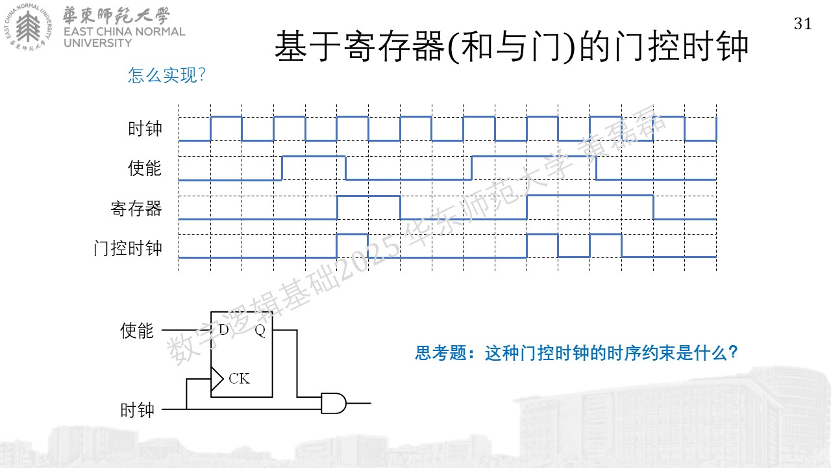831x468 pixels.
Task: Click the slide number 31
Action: [x=803, y=24]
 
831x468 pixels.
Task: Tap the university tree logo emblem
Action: [x=28, y=27]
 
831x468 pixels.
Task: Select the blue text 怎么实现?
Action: [x=167, y=75]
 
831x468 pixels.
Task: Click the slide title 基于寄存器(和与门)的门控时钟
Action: [x=511, y=46]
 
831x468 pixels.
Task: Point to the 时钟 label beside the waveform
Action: [x=145, y=129]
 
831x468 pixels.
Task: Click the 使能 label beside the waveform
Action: [x=145, y=168]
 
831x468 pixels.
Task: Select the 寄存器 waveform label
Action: [x=136, y=209]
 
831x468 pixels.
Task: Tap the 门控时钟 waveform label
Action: [x=128, y=248]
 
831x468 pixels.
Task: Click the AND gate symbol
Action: [x=334, y=404]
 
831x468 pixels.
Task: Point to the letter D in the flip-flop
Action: [x=223, y=330]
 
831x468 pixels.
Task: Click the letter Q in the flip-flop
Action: [x=260, y=330]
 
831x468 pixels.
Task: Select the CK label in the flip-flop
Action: [x=240, y=378]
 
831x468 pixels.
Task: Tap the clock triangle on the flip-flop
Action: [x=217, y=379]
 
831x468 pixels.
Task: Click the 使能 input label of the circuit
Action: [x=137, y=331]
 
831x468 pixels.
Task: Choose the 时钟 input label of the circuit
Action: [x=137, y=410]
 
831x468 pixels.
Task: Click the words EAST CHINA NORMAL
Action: [x=124, y=32]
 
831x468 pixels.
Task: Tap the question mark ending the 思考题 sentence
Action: [x=733, y=352]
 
